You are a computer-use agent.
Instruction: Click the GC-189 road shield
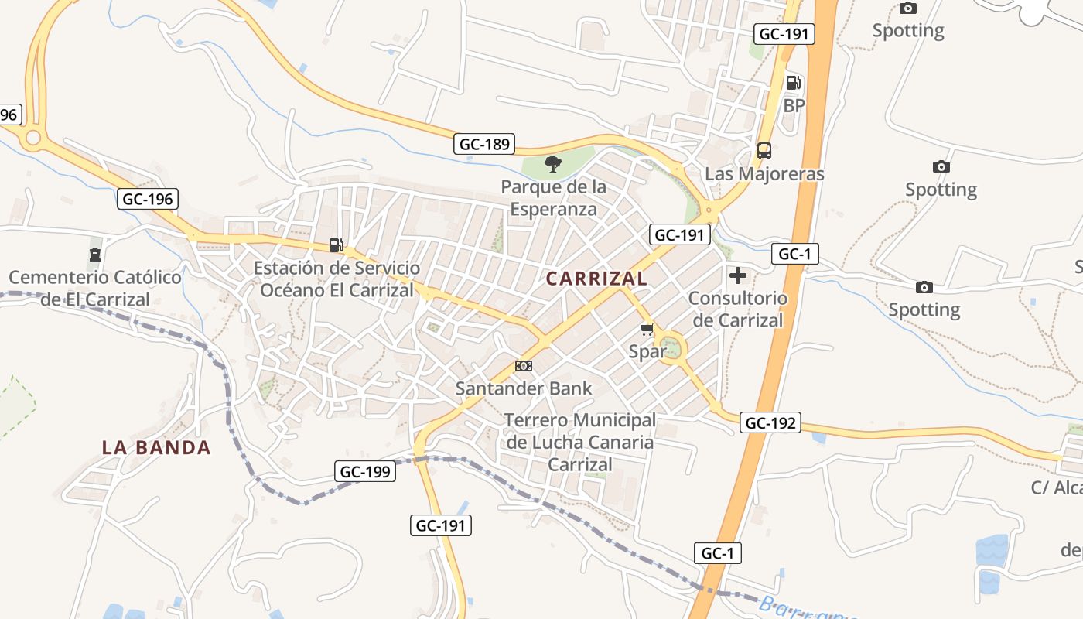coord(484,144)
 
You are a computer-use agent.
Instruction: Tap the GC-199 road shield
coord(366,470)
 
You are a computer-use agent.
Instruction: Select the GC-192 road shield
coord(770,422)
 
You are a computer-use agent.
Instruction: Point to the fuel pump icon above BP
coord(794,83)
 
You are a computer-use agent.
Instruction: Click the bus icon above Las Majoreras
coord(764,151)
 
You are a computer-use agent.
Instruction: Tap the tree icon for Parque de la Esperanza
coord(552,164)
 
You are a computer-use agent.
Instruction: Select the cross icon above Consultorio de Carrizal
coord(738,275)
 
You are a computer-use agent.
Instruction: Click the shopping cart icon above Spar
coord(647,330)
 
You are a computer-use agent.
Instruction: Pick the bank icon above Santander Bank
coord(524,366)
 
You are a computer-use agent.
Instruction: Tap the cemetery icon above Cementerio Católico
coord(94,254)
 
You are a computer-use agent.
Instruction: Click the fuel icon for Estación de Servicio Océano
coord(337,245)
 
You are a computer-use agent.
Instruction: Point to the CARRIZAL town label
coord(596,279)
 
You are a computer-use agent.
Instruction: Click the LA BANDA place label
coord(156,447)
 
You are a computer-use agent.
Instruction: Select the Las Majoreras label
coord(764,173)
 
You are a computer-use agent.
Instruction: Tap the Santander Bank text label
coord(524,388)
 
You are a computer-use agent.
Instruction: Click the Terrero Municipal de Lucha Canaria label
coord(580,443)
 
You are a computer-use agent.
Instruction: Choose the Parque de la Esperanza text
coord(553,198)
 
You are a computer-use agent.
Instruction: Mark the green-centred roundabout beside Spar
coord(672,347)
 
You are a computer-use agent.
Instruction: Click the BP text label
coord(794,105)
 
